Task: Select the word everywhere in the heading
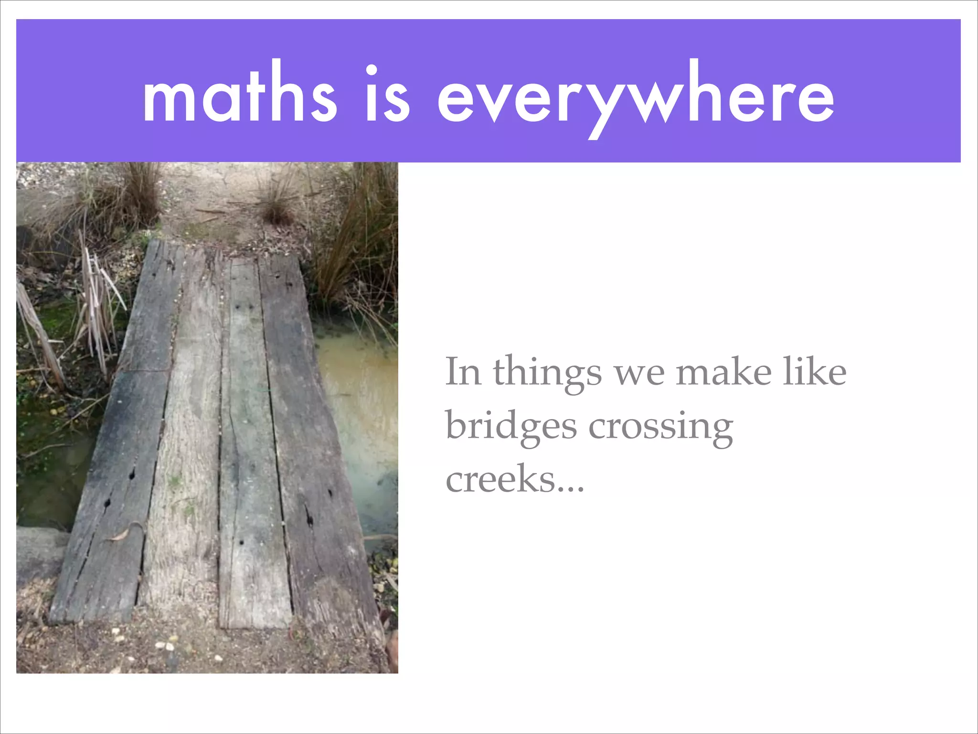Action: [x=636, y=98]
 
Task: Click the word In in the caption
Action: [x=463, y=372]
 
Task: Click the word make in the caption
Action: [x=723, y=372]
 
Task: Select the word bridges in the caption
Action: [x=511, y=426]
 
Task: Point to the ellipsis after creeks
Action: [x=570, y=488]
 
